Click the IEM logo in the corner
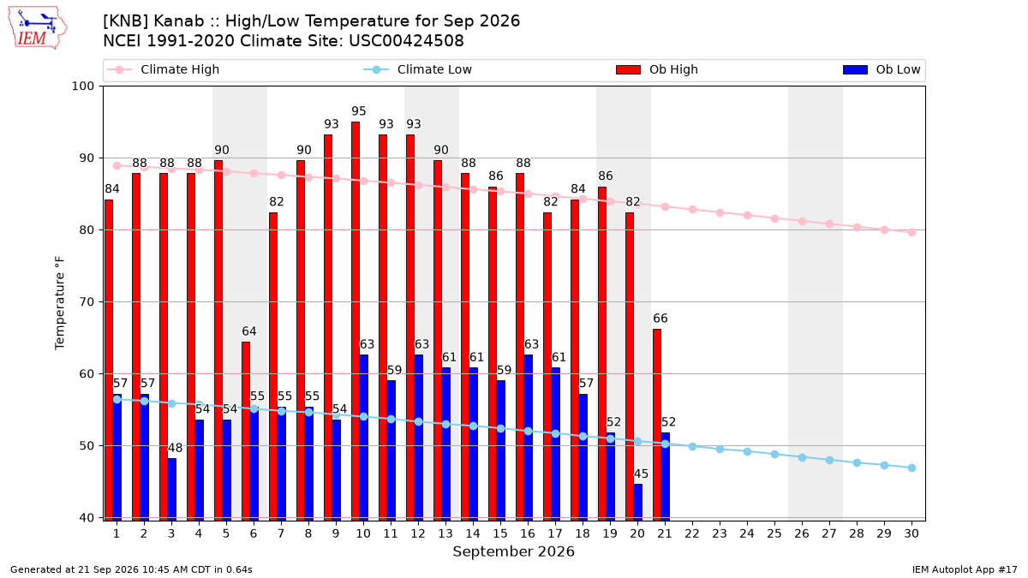pos(37,28)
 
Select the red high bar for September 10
pos(356,321)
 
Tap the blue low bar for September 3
pos(171,490)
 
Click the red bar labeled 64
pos(246,432)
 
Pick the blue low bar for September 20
pos(638,503)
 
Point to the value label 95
pos(359,111)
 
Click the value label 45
pos(641,474)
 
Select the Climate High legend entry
pos(163,69)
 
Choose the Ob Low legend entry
pos(882,69)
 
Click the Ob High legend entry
pos(657,69)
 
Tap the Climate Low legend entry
pos(417,69)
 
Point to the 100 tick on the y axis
pos(82,86)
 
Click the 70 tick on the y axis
pos(87,301)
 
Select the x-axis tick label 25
pos(774,533)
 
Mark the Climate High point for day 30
pos(911,233)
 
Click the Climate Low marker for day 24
pos(748,452)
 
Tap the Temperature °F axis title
pos(60,303)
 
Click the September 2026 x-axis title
pos(513,551)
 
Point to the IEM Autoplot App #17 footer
pos(965,569)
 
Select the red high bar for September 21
pos(657,425)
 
